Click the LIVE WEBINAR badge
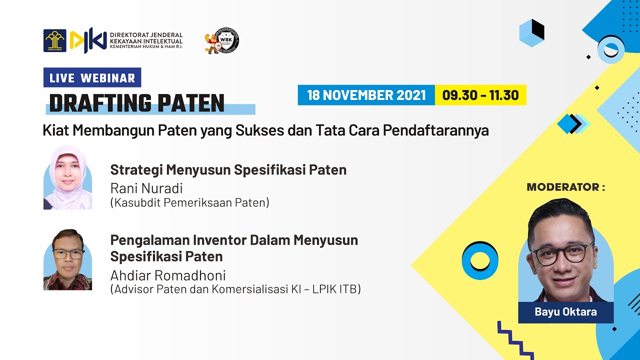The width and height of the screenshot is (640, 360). pos(92,77)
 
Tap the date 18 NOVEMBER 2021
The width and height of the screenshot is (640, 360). pos(366,95)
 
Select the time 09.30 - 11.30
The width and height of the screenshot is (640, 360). pos(480,95)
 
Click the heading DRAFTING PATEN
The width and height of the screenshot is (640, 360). pos(136,103)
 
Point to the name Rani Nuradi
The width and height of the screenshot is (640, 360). pos(146,188)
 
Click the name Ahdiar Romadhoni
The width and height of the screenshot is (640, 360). pos(168,275)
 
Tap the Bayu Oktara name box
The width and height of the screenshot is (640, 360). pos(565,312)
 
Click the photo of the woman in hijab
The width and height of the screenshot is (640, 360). pos(67,177)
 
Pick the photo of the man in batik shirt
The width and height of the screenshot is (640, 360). pos(67,259)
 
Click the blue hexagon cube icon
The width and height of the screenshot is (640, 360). pos(531,32)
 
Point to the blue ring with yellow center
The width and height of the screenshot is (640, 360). pos(479,260)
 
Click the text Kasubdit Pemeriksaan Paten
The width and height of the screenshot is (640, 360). pos(190,202)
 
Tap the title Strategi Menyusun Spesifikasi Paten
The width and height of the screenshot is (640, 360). pos(228,170)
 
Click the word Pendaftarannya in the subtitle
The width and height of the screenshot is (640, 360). pos(435,130)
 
